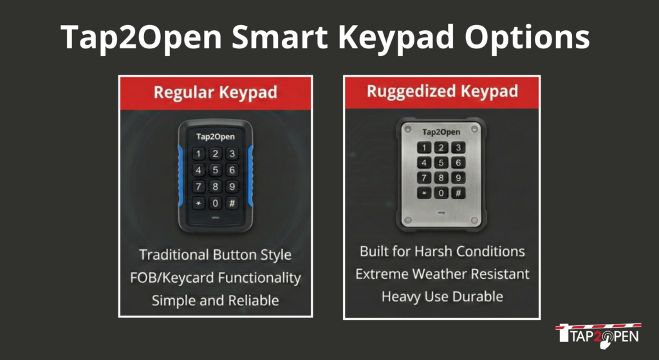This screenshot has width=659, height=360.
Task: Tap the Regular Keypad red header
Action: tap(216, 93)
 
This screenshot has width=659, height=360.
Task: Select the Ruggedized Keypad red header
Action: tap(441, 93)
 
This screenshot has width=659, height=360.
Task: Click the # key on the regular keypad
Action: tap(232, 203)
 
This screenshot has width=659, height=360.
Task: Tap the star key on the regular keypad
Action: tap(198, 203)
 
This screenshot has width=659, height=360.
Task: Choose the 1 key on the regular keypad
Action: tap(198, 153)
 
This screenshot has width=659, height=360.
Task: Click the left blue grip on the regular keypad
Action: tap(180, 176)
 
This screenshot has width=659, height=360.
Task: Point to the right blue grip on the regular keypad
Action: tap(250, 176)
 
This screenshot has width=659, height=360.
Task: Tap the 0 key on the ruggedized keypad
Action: tap(441, 193)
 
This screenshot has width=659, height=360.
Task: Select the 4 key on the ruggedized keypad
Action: tap(424, 163)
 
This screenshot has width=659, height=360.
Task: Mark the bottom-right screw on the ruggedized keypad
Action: tap(474, 220)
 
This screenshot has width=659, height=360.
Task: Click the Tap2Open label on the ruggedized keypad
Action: tap(441, 132)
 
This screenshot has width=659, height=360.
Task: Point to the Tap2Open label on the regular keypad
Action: tap(215, 137)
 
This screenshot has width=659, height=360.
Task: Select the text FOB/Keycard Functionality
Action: tap(216, 278)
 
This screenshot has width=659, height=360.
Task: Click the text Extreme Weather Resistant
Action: tap(443, 274)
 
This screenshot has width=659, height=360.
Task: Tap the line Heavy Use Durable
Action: tap(442, 297)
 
